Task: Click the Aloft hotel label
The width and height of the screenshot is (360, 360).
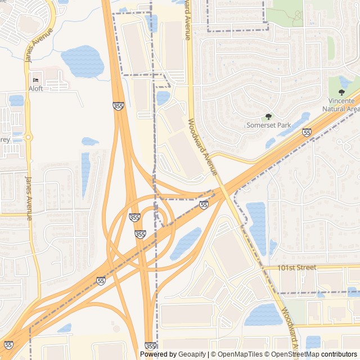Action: point(35,89)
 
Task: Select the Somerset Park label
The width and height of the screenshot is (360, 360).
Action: point(268,125)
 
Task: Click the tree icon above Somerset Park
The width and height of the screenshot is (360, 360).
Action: point(268,116)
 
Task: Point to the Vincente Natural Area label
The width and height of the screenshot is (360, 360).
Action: point(341,105)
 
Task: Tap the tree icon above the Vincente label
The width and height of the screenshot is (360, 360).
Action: point(341,92)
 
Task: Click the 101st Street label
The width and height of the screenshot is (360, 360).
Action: point(297,268)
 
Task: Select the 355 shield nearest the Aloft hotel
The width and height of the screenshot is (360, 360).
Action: point(118,106)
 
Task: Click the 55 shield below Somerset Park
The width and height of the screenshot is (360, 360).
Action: point(307,132)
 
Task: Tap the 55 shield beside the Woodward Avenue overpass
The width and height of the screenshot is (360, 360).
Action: point(204,205)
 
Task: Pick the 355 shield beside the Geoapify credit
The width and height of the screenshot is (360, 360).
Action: point(150,346)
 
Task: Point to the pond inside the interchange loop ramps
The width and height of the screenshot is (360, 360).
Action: point(185,244)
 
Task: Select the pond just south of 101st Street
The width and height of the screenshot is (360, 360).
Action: point(263,315)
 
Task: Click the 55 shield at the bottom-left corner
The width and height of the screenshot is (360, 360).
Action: point(8,345)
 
